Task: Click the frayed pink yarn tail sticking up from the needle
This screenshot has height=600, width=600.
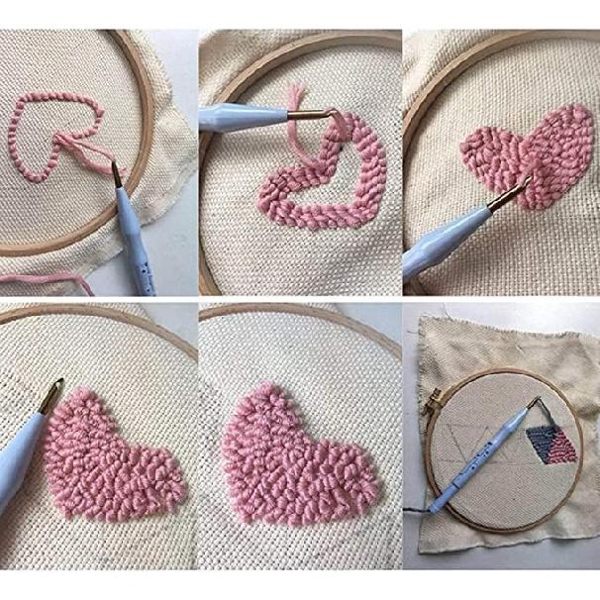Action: [x=297, y=100]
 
